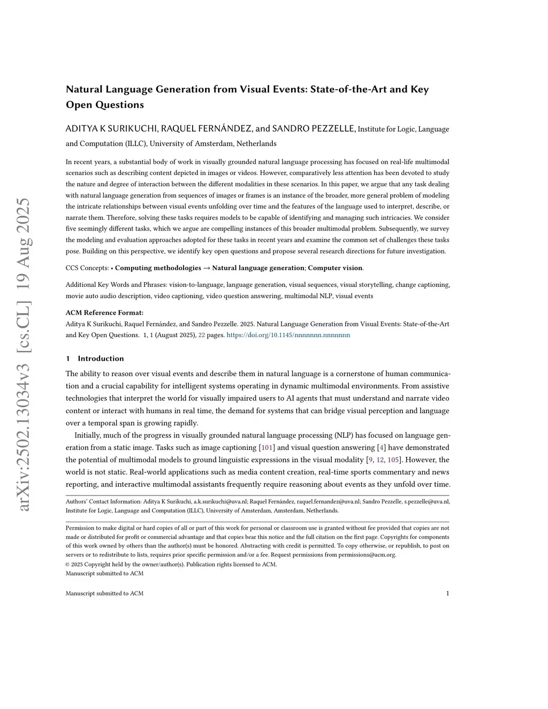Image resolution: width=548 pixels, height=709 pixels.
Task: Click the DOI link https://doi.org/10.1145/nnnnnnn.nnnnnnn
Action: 288,335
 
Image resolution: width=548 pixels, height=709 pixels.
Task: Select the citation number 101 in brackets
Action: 267,447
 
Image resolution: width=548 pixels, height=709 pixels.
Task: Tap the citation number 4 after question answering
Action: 382,447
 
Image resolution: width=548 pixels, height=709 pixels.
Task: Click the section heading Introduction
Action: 101,359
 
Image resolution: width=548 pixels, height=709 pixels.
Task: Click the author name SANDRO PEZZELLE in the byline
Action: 314,128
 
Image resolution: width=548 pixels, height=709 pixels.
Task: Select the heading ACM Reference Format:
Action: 104,313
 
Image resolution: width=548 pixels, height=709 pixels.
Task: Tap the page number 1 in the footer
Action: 447,593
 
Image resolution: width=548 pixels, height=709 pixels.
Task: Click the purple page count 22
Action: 202,335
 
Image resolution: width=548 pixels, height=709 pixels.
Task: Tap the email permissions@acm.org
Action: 367,555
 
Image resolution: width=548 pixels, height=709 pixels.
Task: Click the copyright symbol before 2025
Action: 68,564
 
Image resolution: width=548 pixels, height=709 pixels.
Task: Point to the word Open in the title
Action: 78,105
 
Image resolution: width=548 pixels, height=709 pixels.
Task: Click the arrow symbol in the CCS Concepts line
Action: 205,268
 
